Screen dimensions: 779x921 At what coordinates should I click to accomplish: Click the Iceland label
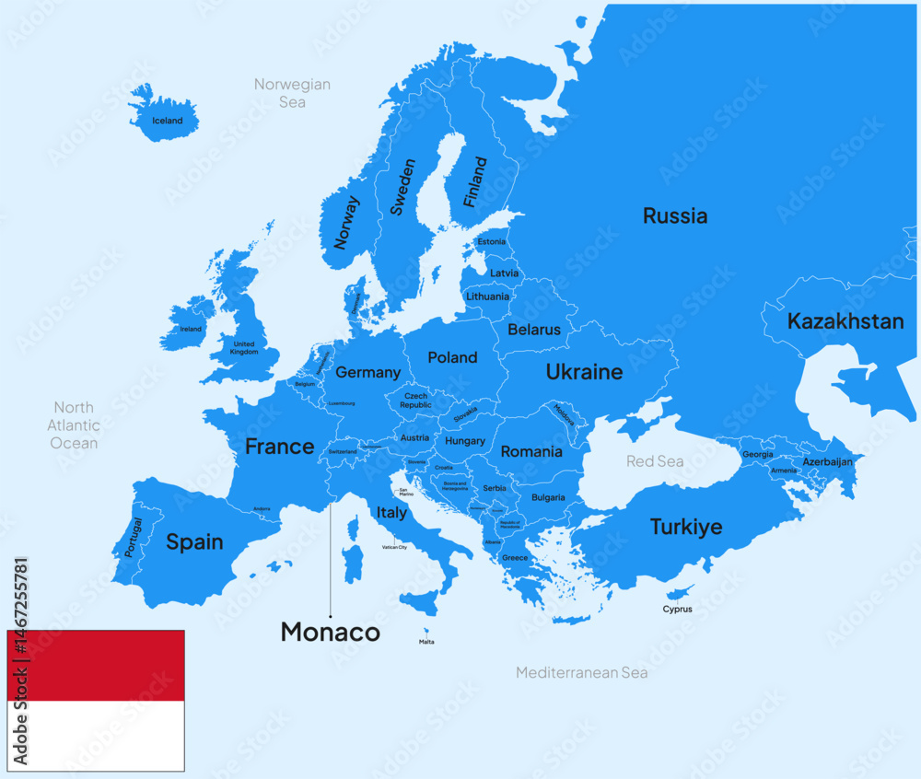[168, 121]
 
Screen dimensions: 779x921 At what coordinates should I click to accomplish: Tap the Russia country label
[675, 216]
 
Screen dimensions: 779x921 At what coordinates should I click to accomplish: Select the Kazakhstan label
[845, 321]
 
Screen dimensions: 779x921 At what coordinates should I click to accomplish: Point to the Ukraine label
[584, 372]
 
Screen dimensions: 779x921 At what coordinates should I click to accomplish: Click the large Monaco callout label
[330, 632]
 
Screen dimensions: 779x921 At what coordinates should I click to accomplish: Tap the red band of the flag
[96, 666]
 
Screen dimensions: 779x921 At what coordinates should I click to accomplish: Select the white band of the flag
[96, 736]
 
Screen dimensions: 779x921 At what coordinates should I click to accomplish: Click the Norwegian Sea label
[292, 93]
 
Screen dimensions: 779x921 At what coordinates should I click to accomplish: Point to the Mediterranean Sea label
[581, 673]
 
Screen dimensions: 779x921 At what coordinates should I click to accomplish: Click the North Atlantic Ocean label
[74, 425]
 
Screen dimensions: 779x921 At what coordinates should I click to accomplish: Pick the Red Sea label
[655, 460]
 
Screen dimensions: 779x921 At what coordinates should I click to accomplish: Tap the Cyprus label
[677, 609]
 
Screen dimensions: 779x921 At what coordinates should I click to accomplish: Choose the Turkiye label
[685, 528]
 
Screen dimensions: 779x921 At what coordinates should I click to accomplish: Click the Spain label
[194, 541]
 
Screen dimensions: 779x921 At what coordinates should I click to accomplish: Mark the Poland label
[452, 357]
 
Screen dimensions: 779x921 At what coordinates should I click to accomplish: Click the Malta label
[426, 642]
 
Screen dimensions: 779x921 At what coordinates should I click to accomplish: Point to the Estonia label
[491, 242]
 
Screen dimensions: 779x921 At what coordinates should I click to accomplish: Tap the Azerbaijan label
[827, 461]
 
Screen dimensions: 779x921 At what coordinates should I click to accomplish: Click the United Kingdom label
[244, 348]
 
